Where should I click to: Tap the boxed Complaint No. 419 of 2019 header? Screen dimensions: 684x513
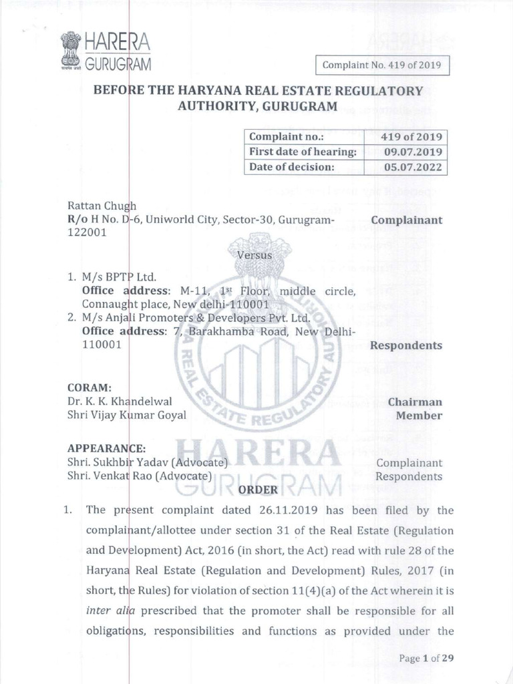382,65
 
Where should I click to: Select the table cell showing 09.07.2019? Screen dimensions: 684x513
405,152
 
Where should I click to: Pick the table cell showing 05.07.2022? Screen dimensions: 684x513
405,167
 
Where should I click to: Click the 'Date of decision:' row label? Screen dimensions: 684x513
291,167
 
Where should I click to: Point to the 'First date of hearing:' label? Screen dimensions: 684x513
303,152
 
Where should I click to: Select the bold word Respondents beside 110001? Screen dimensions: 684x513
405,345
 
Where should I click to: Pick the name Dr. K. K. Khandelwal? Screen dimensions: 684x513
120,401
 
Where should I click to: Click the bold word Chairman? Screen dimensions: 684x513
415,401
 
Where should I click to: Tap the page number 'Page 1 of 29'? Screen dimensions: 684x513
426,658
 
